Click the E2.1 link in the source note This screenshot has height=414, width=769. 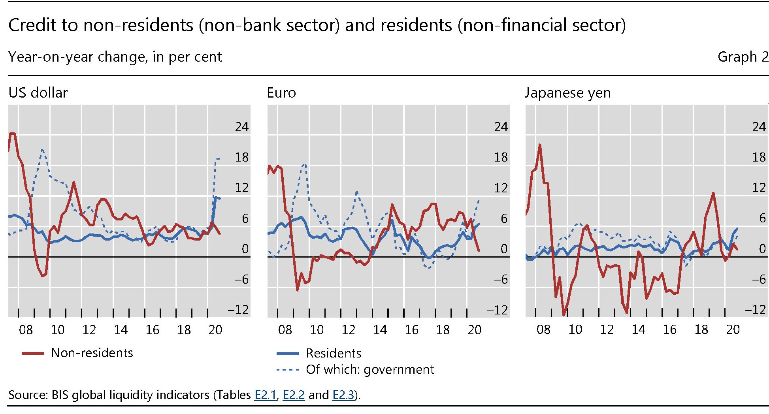[x=265, y=395]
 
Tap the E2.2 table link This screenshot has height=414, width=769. [x=294, y=395]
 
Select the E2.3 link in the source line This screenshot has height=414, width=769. [x=343, y=395]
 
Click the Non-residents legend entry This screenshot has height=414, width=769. [x=92, y=353]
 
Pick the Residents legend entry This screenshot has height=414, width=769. [x=333, y=353]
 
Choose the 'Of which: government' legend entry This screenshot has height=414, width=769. [x=369, y=369]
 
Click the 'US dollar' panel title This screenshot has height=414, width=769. [x=38, y=93]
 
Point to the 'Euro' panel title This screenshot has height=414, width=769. [x=281, y=93]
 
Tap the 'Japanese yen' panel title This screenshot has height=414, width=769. [x=567, y=93]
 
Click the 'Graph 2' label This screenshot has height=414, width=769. [x=743, y=57]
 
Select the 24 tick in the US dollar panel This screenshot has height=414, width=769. [x=241, y=127]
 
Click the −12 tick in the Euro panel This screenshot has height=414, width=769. [x=497, y=310]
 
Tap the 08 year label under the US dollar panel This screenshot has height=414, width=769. [x=26, y=330]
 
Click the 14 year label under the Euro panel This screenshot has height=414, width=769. [x=380, y=330]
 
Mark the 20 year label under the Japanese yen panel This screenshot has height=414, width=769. [x=733, y=330]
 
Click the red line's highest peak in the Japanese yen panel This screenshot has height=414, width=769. [x=540, y=145]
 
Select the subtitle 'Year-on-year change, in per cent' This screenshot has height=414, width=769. [x=115, y=57]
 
